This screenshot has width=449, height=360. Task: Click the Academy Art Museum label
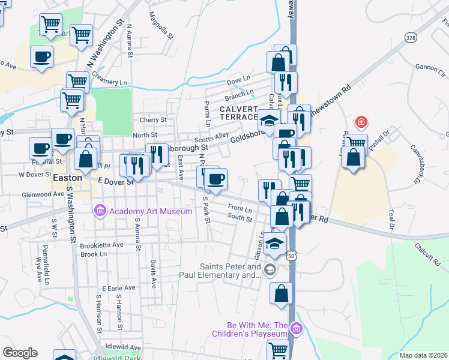[150, 211]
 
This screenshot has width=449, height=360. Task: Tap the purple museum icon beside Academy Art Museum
[100, 211]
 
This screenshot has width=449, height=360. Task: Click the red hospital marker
[361, 122]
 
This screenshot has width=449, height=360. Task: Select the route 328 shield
[411, 37]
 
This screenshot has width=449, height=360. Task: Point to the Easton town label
[63, 178]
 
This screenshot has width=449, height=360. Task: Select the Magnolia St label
[160, 25]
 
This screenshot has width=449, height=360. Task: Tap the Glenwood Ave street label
[42, 194]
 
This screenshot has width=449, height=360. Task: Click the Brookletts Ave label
[101, 245]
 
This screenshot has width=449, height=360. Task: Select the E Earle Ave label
[119, 288]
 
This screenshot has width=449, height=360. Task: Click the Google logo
[20, 353]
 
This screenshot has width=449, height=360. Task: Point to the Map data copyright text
[423, 355]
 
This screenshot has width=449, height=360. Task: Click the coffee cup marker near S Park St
[215, 178]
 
